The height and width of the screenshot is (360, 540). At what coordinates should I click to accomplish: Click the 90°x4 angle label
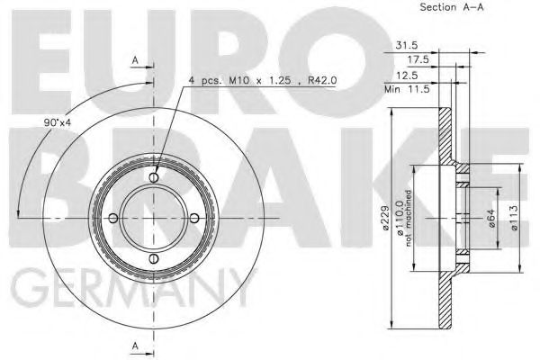click(56, 123)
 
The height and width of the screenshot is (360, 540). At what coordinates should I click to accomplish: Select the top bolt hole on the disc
click(155, 178)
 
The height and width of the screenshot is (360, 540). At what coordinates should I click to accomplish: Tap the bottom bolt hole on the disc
click(155, 260)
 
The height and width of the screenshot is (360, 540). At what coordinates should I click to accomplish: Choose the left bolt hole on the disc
click(114, 219)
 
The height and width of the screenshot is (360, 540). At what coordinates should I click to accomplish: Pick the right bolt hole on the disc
click(195, 219)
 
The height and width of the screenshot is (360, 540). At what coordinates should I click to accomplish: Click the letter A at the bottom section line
click(135, 345)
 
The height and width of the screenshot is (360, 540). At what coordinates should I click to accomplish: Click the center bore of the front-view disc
click(155, 219)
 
